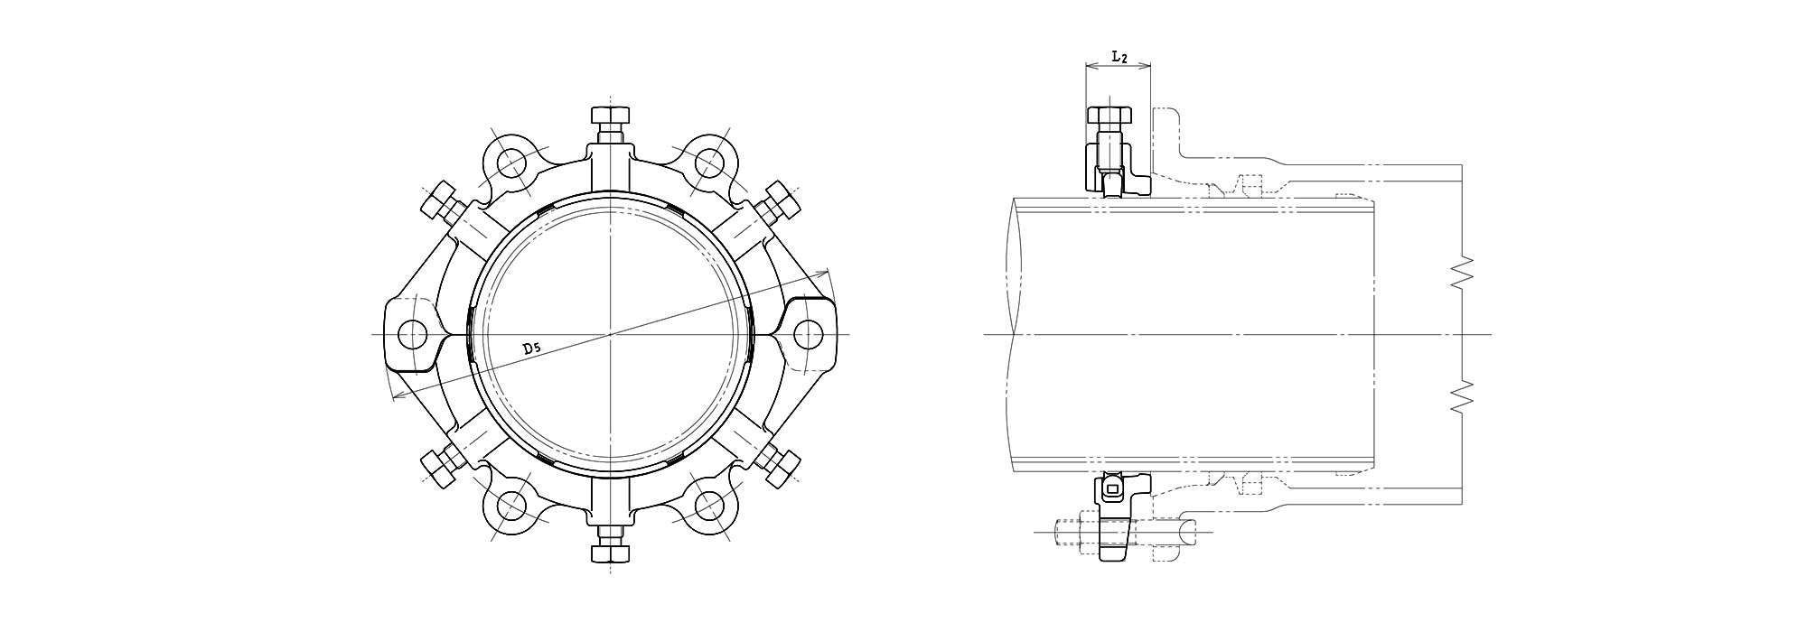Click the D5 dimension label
(x=531, y=348)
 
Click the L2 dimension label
(x=1119, y=57)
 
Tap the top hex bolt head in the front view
(x=611, y=116)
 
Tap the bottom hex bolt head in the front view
(x=611, y=553)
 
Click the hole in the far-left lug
(x=413, y=334)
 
